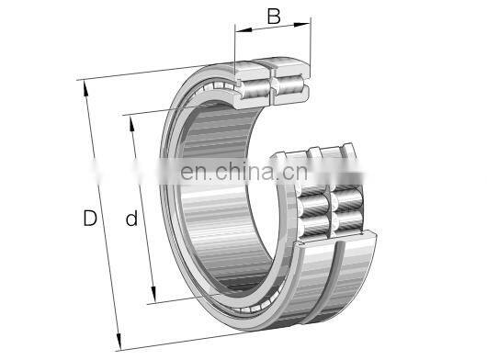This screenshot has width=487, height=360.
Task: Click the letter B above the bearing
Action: (x=273, y=17)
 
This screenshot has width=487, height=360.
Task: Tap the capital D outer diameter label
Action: (x=89, y=219)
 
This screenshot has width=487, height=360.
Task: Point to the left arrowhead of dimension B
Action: (x=239, y=29)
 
